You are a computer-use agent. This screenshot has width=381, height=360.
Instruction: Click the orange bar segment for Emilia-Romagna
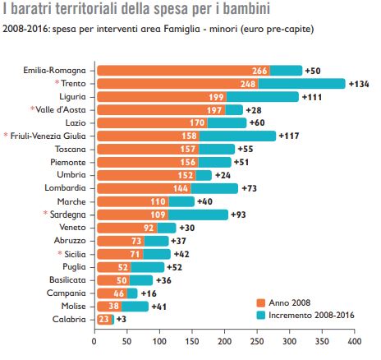point(183,71)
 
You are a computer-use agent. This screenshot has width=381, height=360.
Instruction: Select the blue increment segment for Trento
point(301,84)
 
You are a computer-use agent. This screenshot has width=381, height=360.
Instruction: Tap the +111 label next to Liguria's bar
point(312,97)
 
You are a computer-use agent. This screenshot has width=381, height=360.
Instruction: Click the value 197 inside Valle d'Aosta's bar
point(214,110)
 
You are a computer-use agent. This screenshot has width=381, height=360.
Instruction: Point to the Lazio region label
point(76,122)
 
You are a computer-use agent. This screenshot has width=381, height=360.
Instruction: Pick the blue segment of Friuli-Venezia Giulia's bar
point(237,136)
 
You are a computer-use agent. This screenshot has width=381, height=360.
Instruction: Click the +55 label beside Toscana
point(246,149)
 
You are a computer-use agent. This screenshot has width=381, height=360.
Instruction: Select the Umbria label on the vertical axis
point(71,175)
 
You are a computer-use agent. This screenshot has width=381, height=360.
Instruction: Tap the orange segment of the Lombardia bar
point(144,188)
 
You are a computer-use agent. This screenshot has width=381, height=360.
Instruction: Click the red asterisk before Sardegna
point(45,213)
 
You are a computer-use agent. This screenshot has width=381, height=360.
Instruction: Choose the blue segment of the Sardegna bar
point(198,215)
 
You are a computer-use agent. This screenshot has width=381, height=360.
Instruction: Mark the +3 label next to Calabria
point(122,319)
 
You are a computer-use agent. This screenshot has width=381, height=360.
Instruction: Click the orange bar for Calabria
point(104,320)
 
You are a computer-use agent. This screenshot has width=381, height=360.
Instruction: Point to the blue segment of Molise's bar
point(135,307)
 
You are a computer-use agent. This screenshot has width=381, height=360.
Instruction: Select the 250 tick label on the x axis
point(257,341)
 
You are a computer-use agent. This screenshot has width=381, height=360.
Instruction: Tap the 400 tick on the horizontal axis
point(355,341)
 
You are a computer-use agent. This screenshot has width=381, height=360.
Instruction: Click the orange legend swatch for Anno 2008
point(261,303)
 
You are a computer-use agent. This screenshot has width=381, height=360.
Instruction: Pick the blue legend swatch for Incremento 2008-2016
point(261,316)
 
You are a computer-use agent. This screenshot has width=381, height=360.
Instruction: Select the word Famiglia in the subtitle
point(182,29)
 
